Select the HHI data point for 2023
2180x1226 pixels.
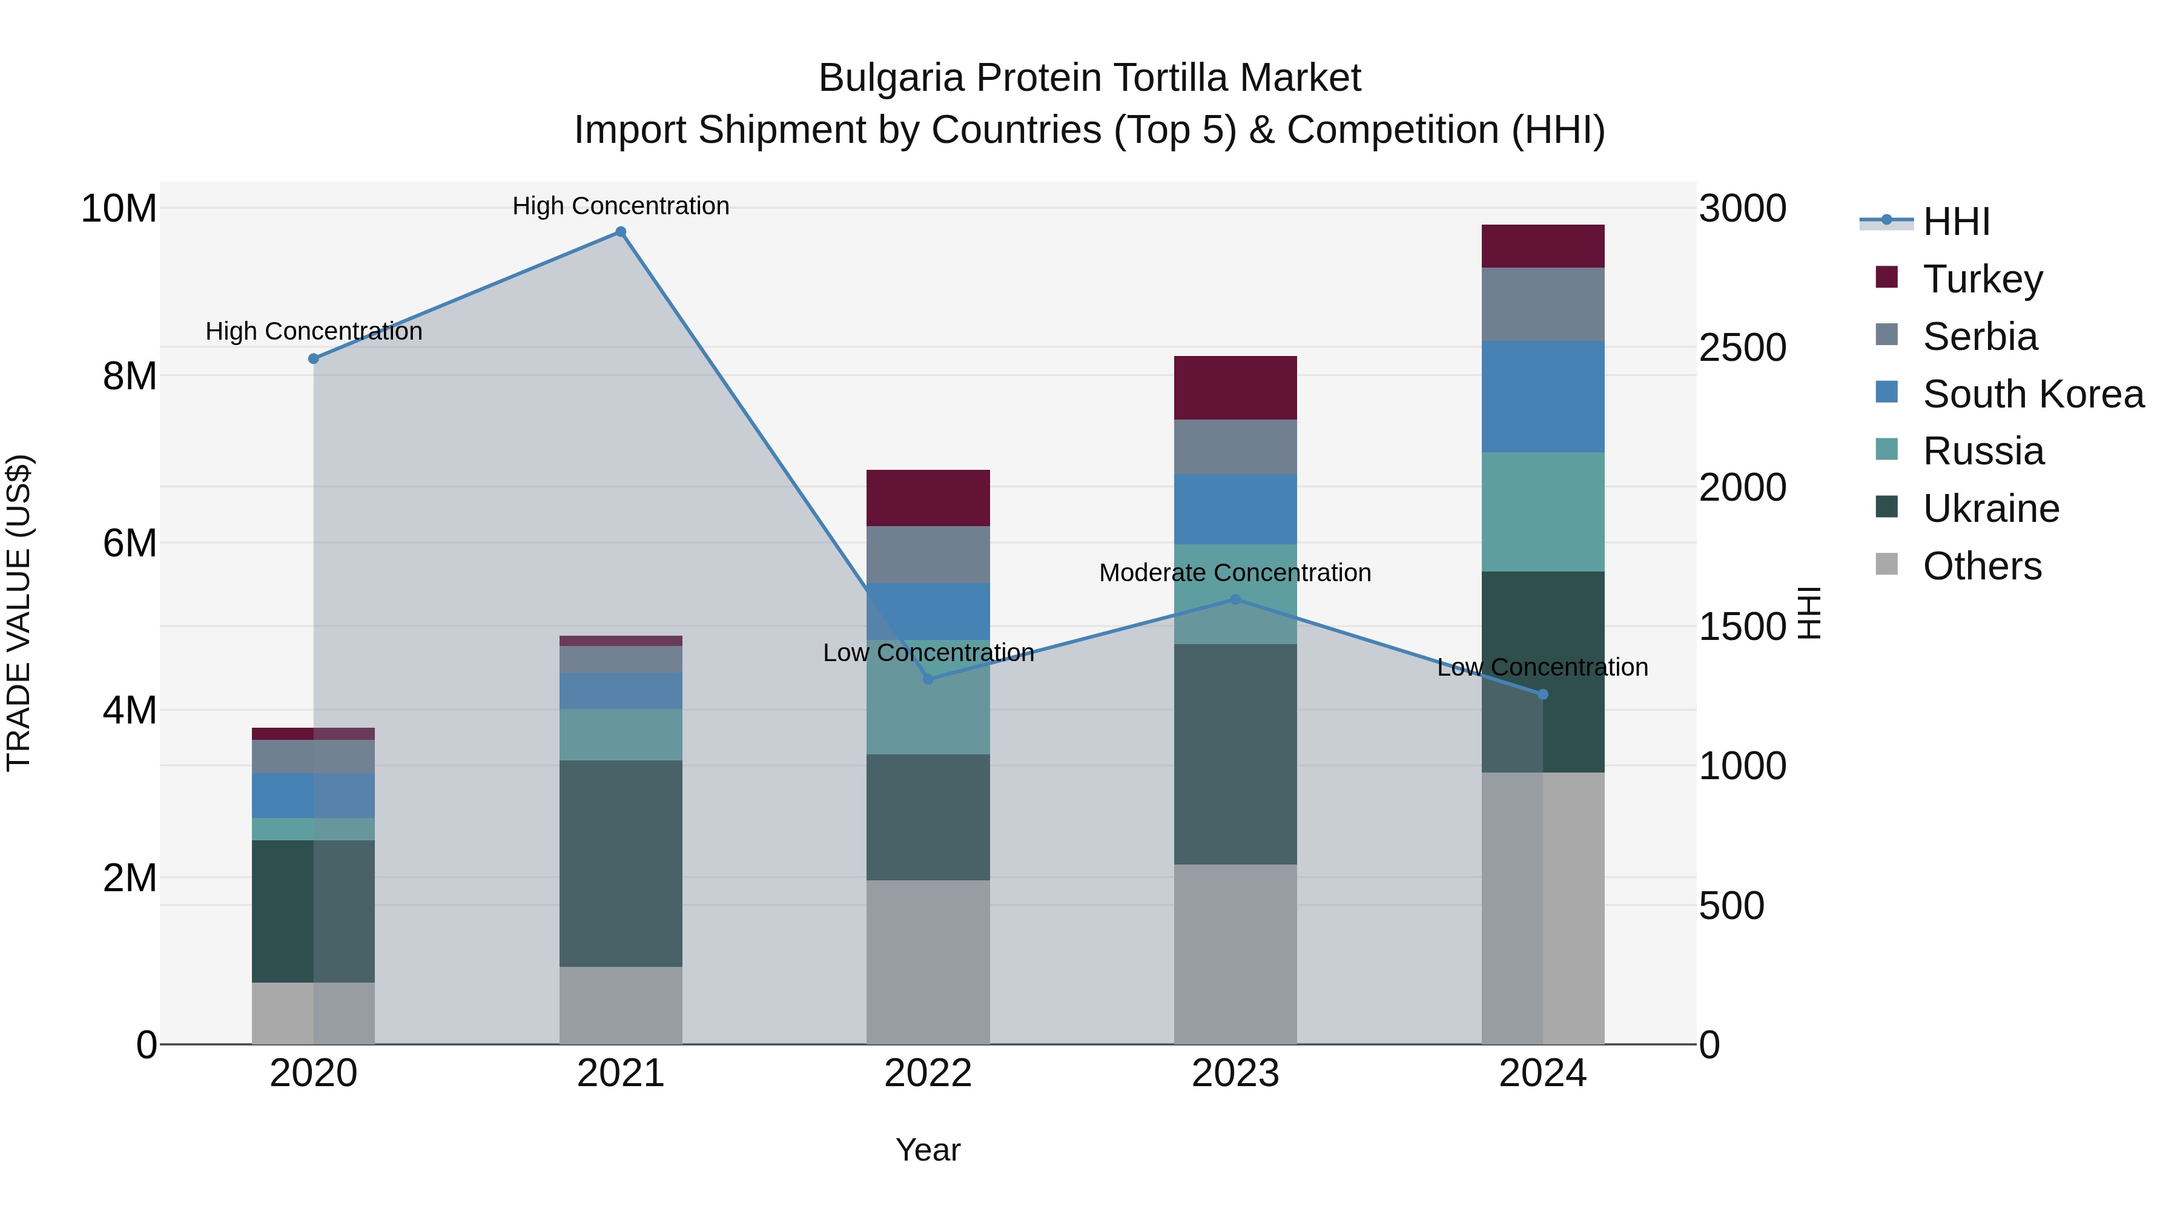(1235, 599)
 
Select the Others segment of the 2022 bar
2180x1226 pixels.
(928, 962)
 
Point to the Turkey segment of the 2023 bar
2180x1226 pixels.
(1235, 387)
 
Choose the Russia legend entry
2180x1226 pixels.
(1983, 451)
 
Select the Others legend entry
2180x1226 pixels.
(1981, 566)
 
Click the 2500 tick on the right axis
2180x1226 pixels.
(1742, 348)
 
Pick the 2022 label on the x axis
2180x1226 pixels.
(928, 1073)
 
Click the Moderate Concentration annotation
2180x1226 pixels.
(1235, 573)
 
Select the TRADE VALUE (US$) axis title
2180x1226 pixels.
(19, 613)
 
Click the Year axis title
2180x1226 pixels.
(928, 1150)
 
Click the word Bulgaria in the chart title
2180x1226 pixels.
(891, 78)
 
